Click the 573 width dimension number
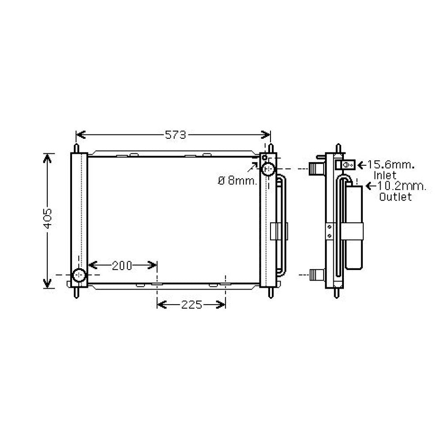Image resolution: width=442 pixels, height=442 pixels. coord(175,135)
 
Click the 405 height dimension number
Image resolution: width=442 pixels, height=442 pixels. coord(47,219)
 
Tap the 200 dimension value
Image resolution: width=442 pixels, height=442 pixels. coord(122,266)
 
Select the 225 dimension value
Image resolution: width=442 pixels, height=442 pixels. coord(192,305)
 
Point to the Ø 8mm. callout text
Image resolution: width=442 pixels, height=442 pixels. coord(238,181)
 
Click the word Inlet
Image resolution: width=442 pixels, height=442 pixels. coord(385,175)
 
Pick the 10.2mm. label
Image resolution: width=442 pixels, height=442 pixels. coord(400,186)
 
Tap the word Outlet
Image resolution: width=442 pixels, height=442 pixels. coord(396,197)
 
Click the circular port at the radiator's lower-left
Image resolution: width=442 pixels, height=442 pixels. coord(79,275)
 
